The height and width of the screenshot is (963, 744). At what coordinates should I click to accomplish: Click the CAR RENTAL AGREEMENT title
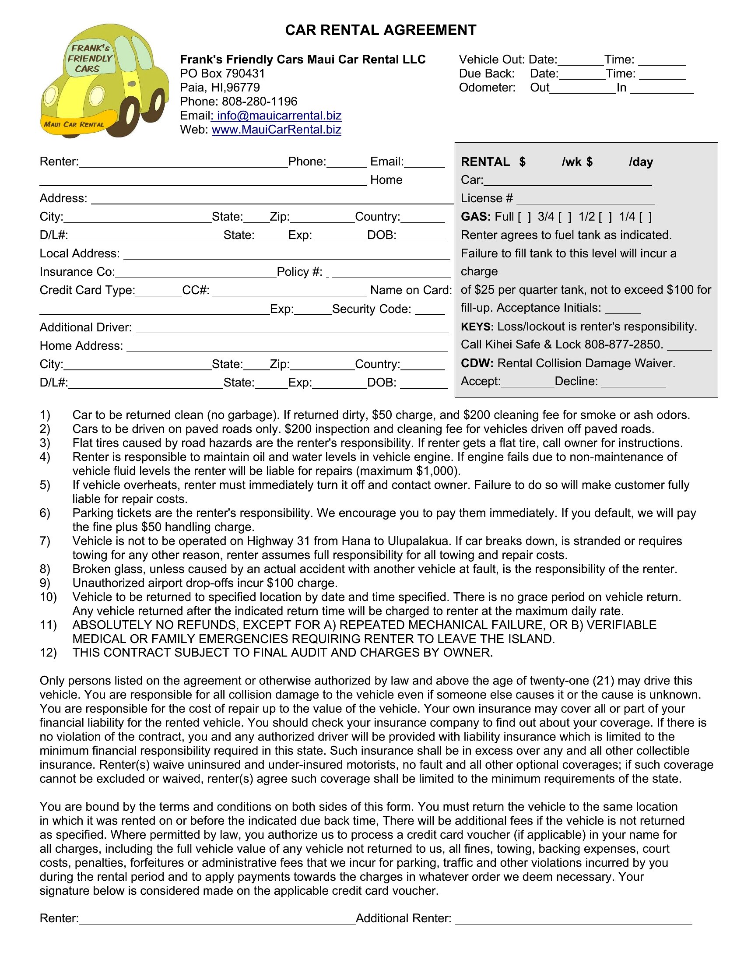pos(380,30)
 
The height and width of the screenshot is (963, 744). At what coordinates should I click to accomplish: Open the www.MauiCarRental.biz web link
pos(276,130)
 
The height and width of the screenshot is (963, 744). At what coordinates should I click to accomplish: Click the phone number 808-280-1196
pos(259,102)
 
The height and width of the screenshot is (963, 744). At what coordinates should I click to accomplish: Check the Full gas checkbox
pos(524,217)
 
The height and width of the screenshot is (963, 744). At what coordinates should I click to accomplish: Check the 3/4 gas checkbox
pos(565,217)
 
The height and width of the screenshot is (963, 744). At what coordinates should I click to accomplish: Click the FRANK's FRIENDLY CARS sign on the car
pos(90,59)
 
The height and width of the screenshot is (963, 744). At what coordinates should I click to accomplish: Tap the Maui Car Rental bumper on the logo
pos(74,124)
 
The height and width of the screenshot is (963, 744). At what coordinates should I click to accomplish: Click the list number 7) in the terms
pos(45,541)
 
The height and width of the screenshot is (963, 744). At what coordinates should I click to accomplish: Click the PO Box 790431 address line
pos(222,74)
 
